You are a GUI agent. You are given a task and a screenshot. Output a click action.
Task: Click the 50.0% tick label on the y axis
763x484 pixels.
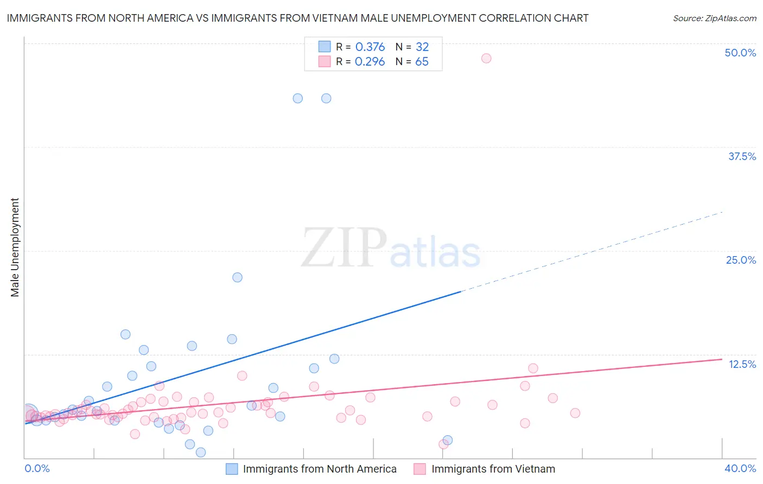point(740,53)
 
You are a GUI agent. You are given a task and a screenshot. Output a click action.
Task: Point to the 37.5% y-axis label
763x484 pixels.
point(742,156)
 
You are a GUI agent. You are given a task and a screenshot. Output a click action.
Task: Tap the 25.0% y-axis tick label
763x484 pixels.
point(741,260)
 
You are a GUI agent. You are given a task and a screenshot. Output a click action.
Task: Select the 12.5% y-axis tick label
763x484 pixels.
point(742,364)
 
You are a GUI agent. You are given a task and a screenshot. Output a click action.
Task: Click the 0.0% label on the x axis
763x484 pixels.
point(37,468)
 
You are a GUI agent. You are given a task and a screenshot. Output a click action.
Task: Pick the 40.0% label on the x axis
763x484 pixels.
point(740,468)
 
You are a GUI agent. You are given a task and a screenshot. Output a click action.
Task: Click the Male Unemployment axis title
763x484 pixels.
point(15,247)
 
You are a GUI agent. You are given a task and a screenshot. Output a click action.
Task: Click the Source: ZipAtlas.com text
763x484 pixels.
point(714,18)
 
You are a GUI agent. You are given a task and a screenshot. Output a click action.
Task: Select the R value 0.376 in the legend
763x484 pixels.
point(370,47)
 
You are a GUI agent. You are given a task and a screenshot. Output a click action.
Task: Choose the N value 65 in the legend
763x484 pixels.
point(422,62)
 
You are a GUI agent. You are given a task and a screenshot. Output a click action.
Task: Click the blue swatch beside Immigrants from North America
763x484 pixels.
point(232,469)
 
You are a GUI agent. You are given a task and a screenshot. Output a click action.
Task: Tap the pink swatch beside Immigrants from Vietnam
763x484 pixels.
point(419,469)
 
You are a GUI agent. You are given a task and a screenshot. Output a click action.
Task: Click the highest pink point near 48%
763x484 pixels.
point(486,58)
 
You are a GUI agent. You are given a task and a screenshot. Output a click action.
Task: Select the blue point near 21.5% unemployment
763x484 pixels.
point(237,277)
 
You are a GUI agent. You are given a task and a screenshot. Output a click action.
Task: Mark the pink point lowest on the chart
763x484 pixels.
point(443,444)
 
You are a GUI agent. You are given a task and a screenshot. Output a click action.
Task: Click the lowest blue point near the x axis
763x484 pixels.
point(201,453)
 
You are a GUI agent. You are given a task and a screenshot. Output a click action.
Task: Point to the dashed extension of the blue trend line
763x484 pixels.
point(592,252)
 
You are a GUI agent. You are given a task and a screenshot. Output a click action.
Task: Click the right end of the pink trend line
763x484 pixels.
point(721,359)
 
